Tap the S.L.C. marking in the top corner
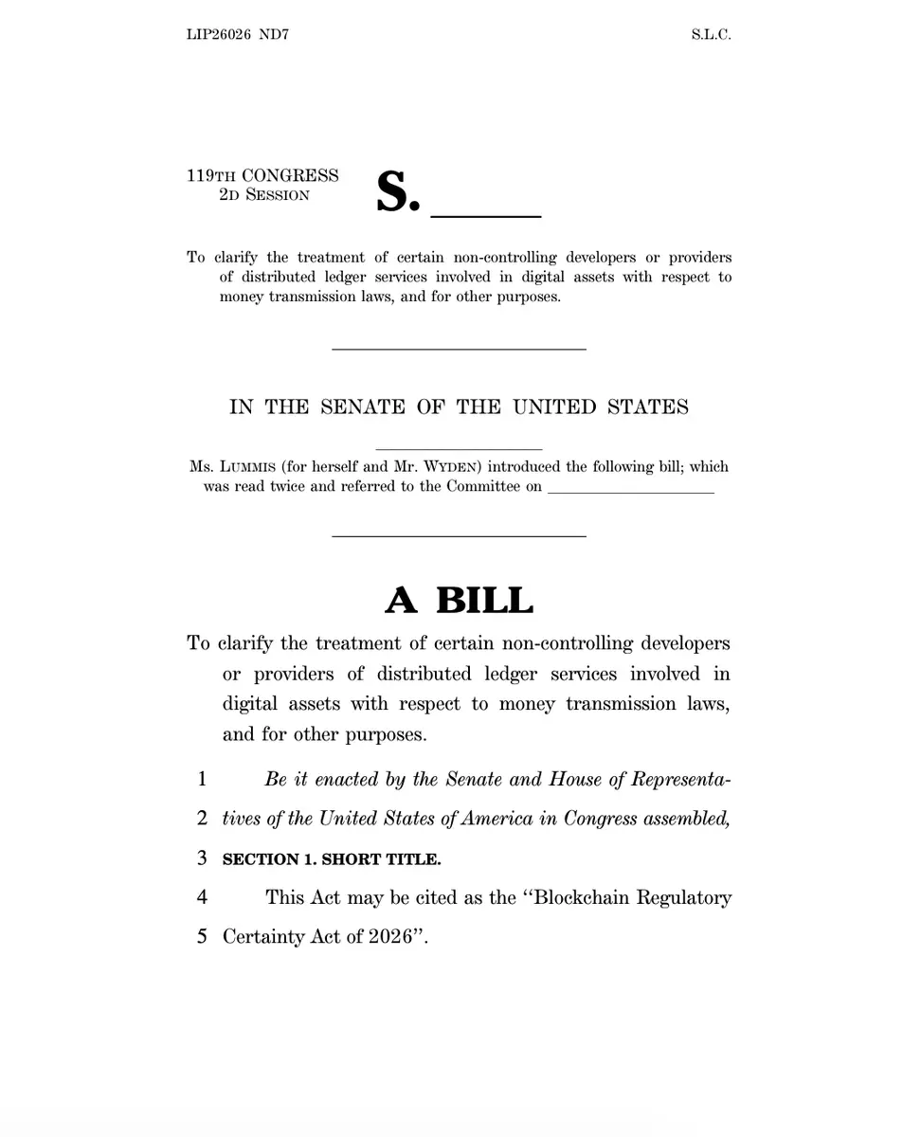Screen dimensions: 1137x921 tap(711, 35)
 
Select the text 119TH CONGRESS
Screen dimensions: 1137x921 tap(262, 175)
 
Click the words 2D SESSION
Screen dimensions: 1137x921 tap(263, 195)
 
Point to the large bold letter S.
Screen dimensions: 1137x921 tap(397, 192)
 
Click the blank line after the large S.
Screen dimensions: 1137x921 tap(486, 215)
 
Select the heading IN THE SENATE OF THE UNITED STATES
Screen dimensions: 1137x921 tap(459, 407)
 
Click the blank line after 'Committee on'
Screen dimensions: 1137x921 tap(630, 491)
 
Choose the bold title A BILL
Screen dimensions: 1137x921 tap(459, 601)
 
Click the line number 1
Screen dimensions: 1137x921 tap(202, 780)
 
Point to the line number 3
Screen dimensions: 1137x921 tap(202, 858)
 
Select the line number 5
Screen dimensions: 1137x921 tap(202, 937)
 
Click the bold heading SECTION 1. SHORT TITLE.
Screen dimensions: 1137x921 tap(332, 859)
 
